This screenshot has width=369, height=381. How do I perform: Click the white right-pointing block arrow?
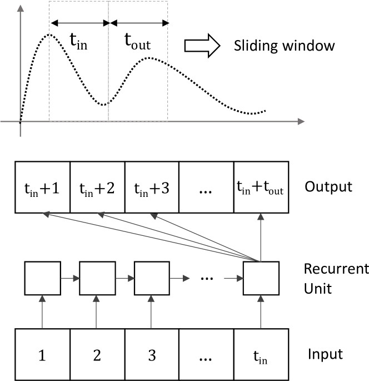pos(202,46)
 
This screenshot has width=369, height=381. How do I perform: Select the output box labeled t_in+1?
pos(43,187)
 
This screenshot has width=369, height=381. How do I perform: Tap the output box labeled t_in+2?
pos(97,187)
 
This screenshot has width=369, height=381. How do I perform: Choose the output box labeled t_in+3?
pos(152,187)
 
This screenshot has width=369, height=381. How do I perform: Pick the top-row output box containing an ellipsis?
pos(206,187)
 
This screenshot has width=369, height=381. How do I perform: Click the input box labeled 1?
pos(43,355)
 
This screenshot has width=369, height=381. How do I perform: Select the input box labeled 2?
pos(97,355)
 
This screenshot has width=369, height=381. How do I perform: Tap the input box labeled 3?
pos(152,355)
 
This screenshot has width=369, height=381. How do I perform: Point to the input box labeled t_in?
pos(261,355)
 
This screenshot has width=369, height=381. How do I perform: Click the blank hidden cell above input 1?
pos(43,278)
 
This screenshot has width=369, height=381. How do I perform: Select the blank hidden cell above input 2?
pos(97,278)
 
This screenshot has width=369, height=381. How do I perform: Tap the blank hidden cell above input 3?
pos(152,278)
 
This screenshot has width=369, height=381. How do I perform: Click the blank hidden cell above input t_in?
pos(261,278)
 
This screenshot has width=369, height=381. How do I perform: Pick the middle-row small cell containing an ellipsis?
pos(206,274)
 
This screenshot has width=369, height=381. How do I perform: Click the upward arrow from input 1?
pos(43,312)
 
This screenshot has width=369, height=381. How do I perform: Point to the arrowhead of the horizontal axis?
pos(301,121)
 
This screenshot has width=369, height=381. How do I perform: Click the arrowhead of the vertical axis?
pos(20,8)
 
